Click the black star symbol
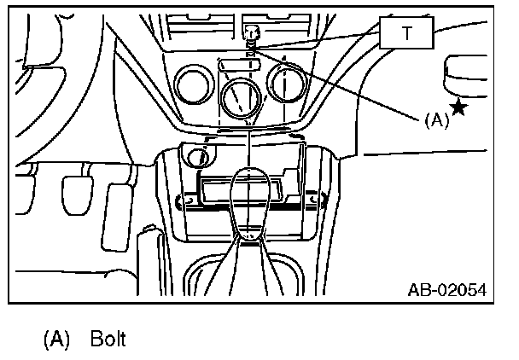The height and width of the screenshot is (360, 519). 459,107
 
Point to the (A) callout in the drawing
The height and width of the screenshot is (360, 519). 435,120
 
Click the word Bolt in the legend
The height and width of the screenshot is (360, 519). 108,340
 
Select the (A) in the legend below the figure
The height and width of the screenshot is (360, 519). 57,340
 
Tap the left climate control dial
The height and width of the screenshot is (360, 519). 193,85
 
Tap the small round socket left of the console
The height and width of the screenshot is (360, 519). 198,157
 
